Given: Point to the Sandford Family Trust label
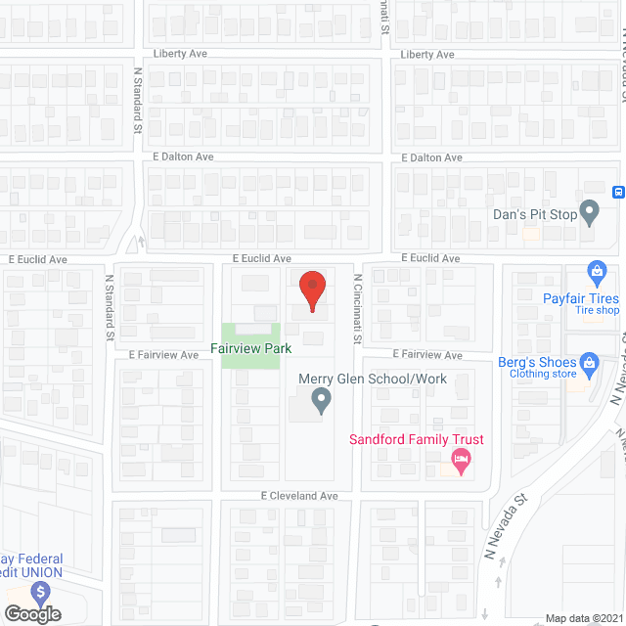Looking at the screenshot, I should (417, 439).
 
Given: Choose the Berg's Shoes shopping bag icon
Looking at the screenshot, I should (589, 366).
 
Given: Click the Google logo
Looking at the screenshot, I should (32, 613).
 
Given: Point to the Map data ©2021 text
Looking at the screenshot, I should (583, 617).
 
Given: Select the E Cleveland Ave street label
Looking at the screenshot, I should (299, 496).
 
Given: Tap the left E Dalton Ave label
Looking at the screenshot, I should (183, 156).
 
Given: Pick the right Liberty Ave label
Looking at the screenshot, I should (427, 55).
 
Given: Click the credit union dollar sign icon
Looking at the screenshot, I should (40, 593).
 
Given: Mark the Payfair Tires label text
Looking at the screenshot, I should (581, 298).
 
